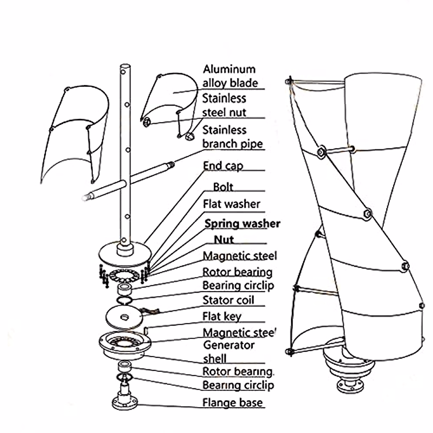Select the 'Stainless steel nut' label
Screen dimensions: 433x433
pos(224,105)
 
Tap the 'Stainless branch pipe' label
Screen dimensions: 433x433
pos(232,137)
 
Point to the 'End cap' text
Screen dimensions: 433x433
pos(223,166)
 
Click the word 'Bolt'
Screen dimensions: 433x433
pos(223,187)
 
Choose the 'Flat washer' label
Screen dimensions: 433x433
pos(231,204)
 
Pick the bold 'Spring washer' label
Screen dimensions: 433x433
pos(242,224)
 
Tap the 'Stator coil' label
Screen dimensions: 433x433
pos(228,300)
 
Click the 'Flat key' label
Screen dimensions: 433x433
pos(222,316)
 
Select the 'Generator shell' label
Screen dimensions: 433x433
pos(229,352)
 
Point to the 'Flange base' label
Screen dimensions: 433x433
pos(232,402)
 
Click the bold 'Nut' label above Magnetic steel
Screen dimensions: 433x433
pos(224,240)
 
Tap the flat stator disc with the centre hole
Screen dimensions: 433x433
pos(124,317)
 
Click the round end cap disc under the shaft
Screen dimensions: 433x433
pos(125,254)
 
